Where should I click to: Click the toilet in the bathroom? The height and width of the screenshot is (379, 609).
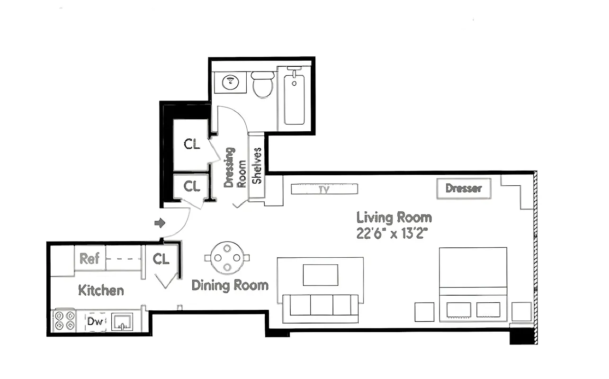[x=262, y=85]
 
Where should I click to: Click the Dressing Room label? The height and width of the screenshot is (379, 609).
[x=235, y=167]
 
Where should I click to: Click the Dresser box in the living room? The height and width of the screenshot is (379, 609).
[x=463, y=189]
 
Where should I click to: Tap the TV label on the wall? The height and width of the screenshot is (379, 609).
[x=324, y=189]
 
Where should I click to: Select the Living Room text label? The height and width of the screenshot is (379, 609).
[x=394, y=218]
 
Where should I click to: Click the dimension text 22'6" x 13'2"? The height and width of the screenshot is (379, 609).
[x=394, y=233]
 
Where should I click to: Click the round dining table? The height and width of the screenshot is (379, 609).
[x=227, y=258]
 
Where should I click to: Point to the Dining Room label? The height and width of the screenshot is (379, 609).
[x=230, y=285]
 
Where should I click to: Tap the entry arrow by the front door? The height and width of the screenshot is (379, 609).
[x=160, y=223]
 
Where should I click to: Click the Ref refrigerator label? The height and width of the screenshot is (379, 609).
[x=89, y=258]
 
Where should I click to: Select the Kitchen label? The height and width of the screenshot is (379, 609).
[x=101, y=290]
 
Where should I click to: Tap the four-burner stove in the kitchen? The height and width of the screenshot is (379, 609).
[x=64, y=321]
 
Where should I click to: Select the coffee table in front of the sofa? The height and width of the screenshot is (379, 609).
[x=320, y=275]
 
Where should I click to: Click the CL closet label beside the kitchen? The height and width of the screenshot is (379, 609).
[x=161, y=259]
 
